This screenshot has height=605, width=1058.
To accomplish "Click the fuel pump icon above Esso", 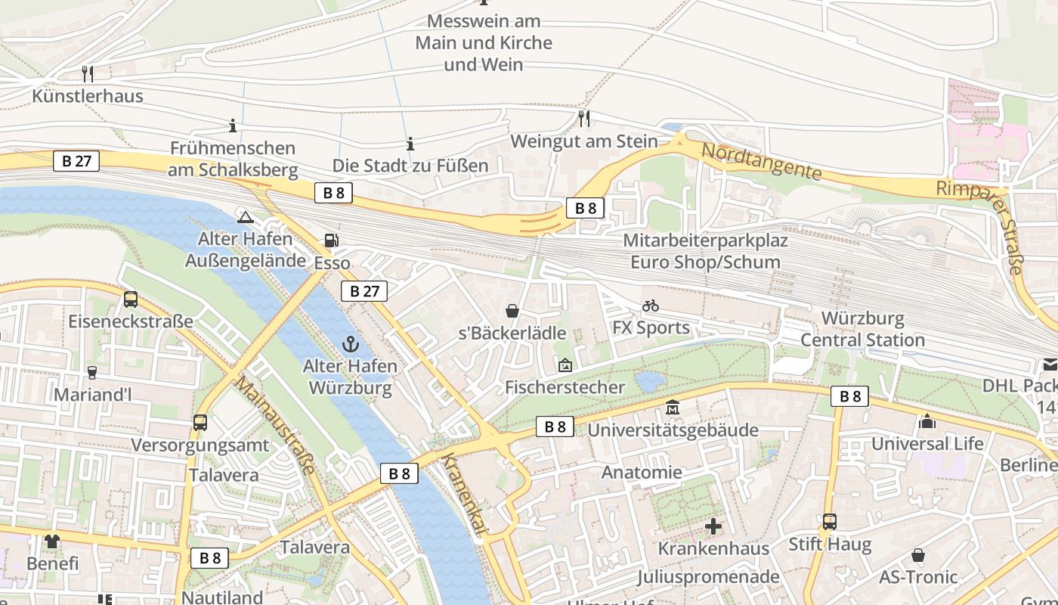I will [331, 240].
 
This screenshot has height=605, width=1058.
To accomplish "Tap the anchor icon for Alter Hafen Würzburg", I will [349, 344].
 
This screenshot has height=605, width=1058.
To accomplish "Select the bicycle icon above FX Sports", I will [650, 306].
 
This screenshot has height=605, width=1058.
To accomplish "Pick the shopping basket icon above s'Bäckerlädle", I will [512, 311].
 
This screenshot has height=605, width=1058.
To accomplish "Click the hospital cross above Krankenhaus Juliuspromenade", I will [713, 526].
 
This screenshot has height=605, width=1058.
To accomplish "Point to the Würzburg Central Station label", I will [862, 329].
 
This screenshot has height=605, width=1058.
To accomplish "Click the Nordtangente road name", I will [761, 160].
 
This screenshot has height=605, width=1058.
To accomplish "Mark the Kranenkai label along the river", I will [462, 495].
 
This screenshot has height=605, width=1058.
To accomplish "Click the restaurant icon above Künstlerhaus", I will [88, 73].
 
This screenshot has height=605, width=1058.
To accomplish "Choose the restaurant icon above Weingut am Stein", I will [583, 118].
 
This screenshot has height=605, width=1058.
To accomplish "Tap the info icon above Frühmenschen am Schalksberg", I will [233, 126].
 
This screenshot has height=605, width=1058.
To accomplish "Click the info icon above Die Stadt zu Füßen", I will [410, 143].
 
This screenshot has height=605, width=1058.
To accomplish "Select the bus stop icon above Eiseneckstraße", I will [131, 299].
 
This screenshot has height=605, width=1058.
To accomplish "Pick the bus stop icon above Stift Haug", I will [830, 522].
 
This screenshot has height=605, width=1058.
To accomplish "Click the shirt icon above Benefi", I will [51, 541].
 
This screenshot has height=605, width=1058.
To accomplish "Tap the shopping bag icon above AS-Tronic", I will [917, 555].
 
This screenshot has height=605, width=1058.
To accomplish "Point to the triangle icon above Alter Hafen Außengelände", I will [244, 218].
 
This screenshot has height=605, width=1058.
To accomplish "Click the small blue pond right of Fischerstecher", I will [650, 381].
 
